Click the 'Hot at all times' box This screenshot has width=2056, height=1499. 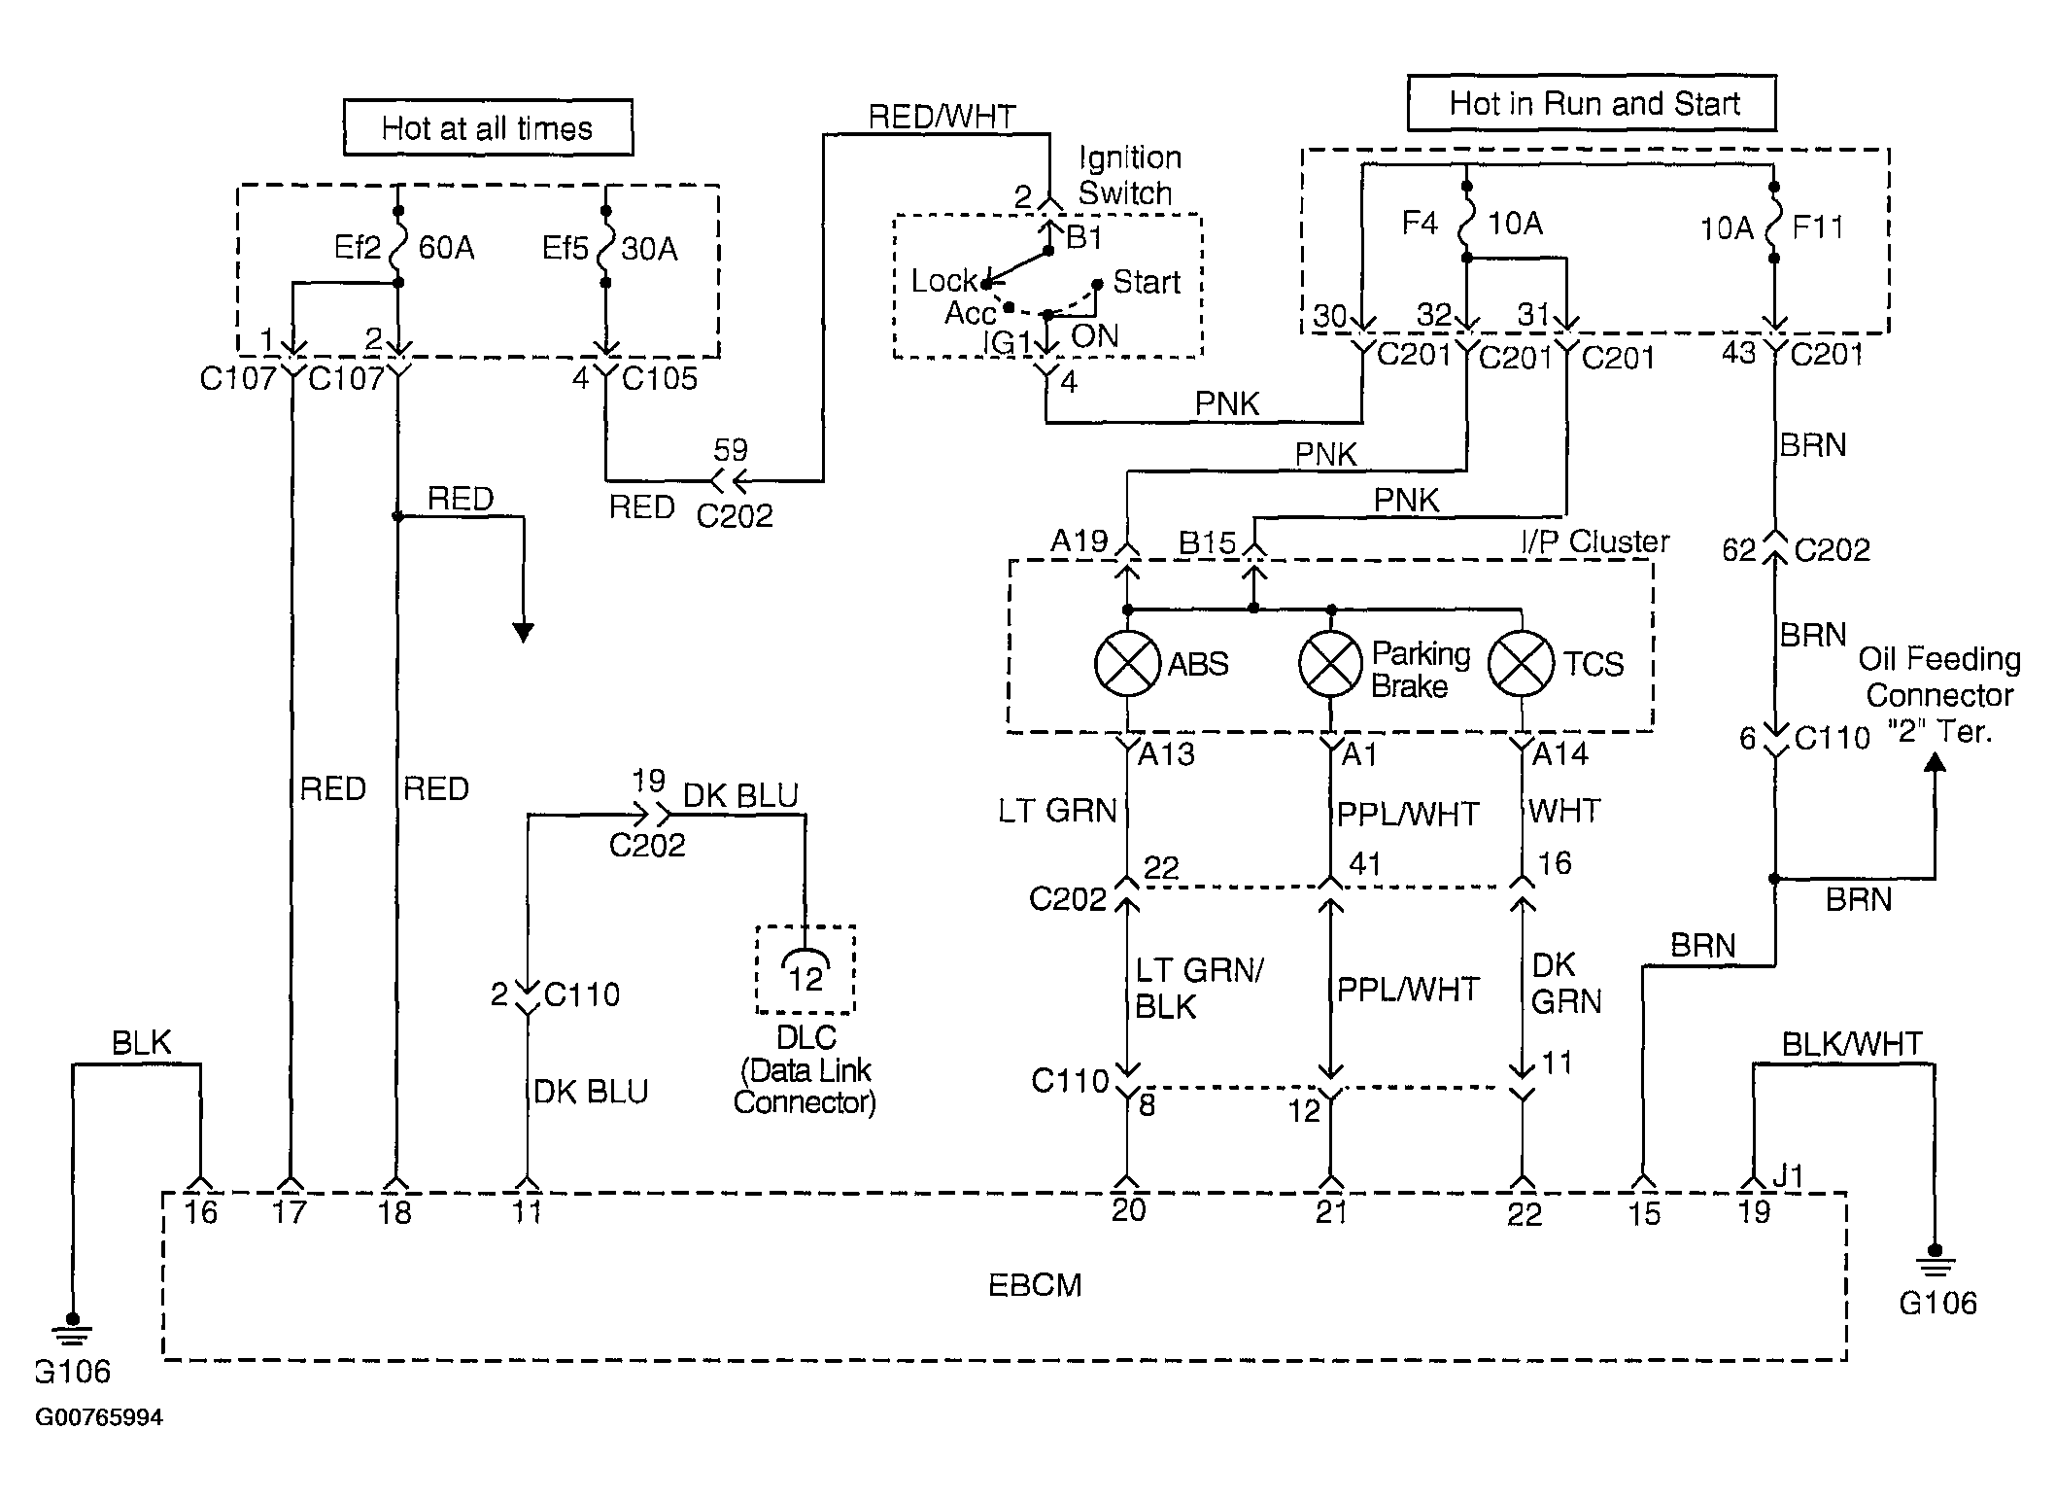coord(488,127)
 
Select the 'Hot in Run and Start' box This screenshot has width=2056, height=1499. coord(1592,103)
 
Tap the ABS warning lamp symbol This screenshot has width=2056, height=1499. coord(1127,663)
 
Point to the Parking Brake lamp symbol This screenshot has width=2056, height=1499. coord(1331,663)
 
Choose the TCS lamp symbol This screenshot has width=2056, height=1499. coord(1521,663)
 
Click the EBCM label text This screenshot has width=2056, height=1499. coord(1034,1285)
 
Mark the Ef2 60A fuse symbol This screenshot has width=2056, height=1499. coord(397,247)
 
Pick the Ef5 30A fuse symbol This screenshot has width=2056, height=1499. coord(605,247)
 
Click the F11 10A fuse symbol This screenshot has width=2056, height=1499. coord(1774,223)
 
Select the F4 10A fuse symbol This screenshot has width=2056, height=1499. coord(1466,222)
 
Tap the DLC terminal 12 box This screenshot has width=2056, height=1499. coord(805,970)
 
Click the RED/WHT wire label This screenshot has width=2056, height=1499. coord(942,117)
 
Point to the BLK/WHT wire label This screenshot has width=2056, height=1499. coord(1851,1044)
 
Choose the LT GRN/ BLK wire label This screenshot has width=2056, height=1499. coord(1199,989)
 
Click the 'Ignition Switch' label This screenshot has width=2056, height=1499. coord(1130,175)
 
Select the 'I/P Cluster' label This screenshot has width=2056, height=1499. coord(1594,541)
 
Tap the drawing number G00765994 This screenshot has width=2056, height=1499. coord(99,1417)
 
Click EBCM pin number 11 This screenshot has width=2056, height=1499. coord(527,1211)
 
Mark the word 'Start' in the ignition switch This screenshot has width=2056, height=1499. coord(1147,282)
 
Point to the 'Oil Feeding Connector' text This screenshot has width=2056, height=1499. coord(1939,677)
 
